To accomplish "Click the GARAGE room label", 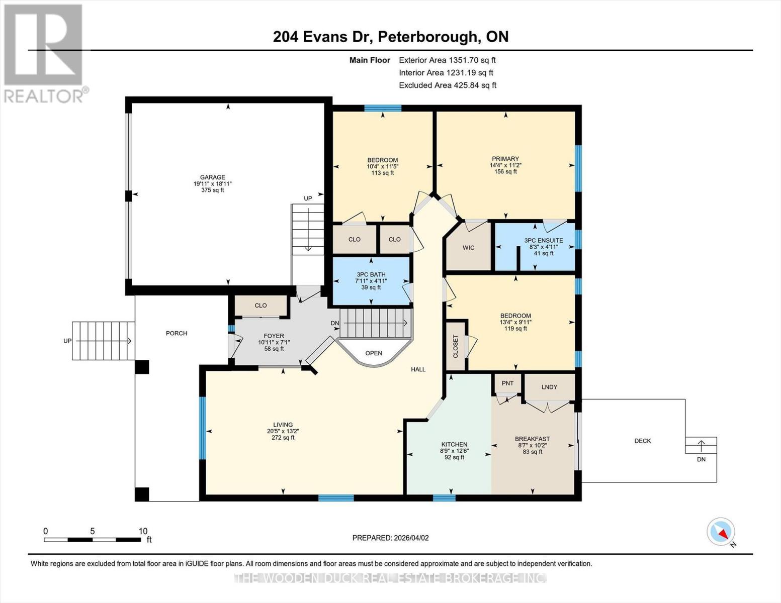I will (x=212, y=177).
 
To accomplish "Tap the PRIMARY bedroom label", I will (x=505, y=159).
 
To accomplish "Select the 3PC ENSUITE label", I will (x=543, y=241).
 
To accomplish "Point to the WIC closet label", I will (x=468, y=248).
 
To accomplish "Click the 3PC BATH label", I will (x=371, y=275).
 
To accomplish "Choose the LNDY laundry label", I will (x=549, y=387).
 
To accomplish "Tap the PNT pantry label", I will (x=507, y=383).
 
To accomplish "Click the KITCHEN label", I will (x=454, y=445).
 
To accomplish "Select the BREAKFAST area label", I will (x=532, y=439).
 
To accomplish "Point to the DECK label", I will (x=642, y=441).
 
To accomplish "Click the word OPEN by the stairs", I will (x=374, y=353).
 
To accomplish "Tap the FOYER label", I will (x=274, y=336).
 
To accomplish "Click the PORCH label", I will (x=177, y=333).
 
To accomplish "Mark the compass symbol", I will (x=721, y=532).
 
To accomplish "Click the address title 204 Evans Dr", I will (x=390, y=37).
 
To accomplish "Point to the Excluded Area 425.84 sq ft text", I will (x=447, y=85).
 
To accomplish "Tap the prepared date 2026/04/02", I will (x=390, y=538).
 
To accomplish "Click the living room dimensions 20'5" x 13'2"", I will (x=283, y=431).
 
